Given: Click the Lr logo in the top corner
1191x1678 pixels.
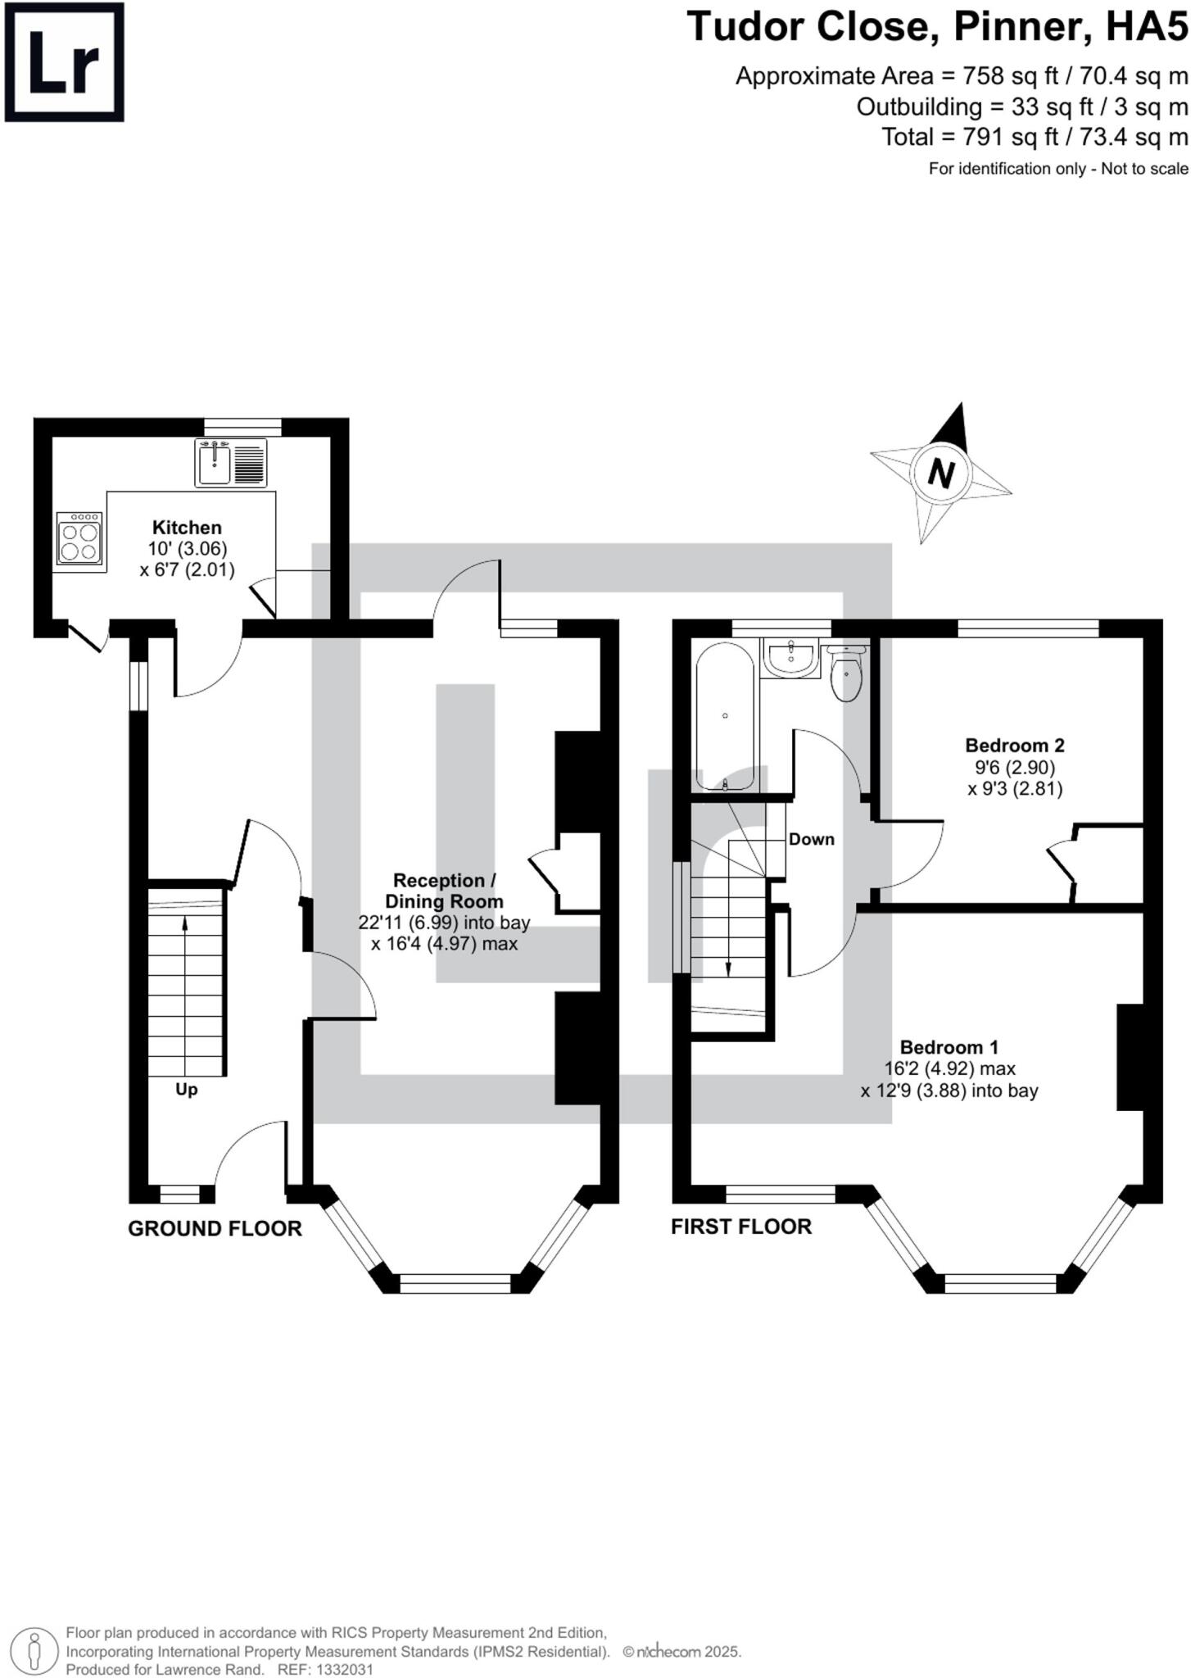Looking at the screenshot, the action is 64,62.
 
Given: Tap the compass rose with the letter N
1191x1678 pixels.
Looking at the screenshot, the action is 940,473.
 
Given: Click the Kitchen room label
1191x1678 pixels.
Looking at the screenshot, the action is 187,528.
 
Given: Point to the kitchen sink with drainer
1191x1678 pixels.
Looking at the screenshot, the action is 231,463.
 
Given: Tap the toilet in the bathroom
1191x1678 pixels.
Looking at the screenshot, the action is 847,673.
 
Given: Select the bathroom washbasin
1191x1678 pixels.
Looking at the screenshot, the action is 790,659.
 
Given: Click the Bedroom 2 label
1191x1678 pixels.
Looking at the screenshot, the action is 1015,746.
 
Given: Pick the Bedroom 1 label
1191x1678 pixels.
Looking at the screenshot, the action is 949,1047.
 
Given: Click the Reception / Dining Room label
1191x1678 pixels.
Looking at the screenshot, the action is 445,891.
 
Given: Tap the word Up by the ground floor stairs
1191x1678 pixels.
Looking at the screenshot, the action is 187,1091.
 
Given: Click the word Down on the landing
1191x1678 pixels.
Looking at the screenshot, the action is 812,839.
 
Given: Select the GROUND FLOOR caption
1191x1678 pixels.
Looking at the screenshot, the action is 215,1228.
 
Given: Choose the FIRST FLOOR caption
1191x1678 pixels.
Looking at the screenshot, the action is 741,1227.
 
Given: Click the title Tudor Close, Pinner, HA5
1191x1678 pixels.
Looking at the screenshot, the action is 937,26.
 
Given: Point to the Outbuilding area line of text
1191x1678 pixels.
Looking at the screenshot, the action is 1022,107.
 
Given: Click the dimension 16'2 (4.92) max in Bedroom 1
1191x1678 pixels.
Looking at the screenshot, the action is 950,1069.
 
